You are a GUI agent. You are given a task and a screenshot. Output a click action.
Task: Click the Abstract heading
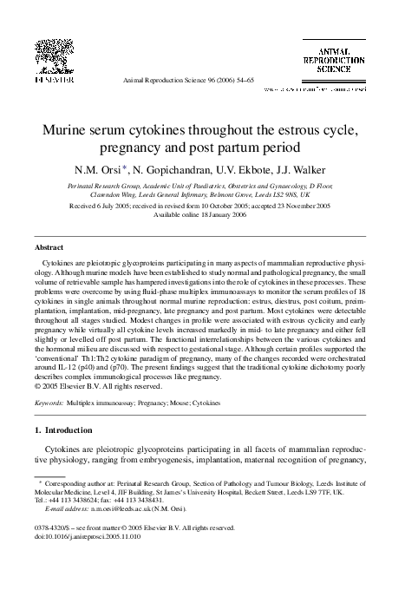(x=48, y=247)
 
